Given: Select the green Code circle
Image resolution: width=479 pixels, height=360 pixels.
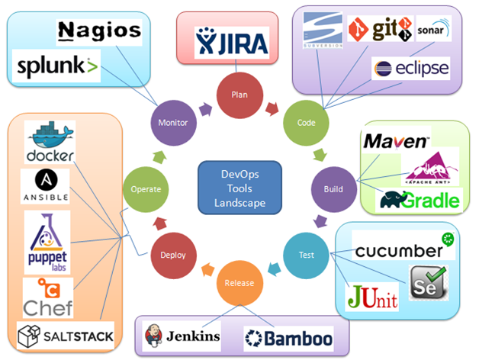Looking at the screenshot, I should pyautogui.click(x=305, y=122).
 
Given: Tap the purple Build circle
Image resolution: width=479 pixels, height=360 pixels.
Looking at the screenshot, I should pyautogui.click(x=333, y=188).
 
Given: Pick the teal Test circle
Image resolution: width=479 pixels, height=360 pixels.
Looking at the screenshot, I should pyautogui.click(x=305, y=254).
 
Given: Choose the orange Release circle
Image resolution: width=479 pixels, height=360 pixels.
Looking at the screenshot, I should pyautogui.click(x=239, y=283).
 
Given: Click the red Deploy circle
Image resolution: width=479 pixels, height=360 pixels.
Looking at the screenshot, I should pyautogui.click(x=174, y=255).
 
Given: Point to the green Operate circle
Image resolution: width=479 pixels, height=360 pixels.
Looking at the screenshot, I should pyautogui.click(x=145, y=188).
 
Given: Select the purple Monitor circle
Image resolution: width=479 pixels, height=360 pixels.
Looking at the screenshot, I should pyautogui.click(x=173, y=122).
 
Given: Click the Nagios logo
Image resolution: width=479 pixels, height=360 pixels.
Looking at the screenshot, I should pyautogui.click(x=99, y=31).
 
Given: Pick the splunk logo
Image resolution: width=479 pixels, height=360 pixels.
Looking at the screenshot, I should pyautogui.click(x=58, y=67).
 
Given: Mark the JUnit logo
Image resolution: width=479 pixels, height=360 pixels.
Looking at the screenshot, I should pyautogui.click(x=371, y=297).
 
